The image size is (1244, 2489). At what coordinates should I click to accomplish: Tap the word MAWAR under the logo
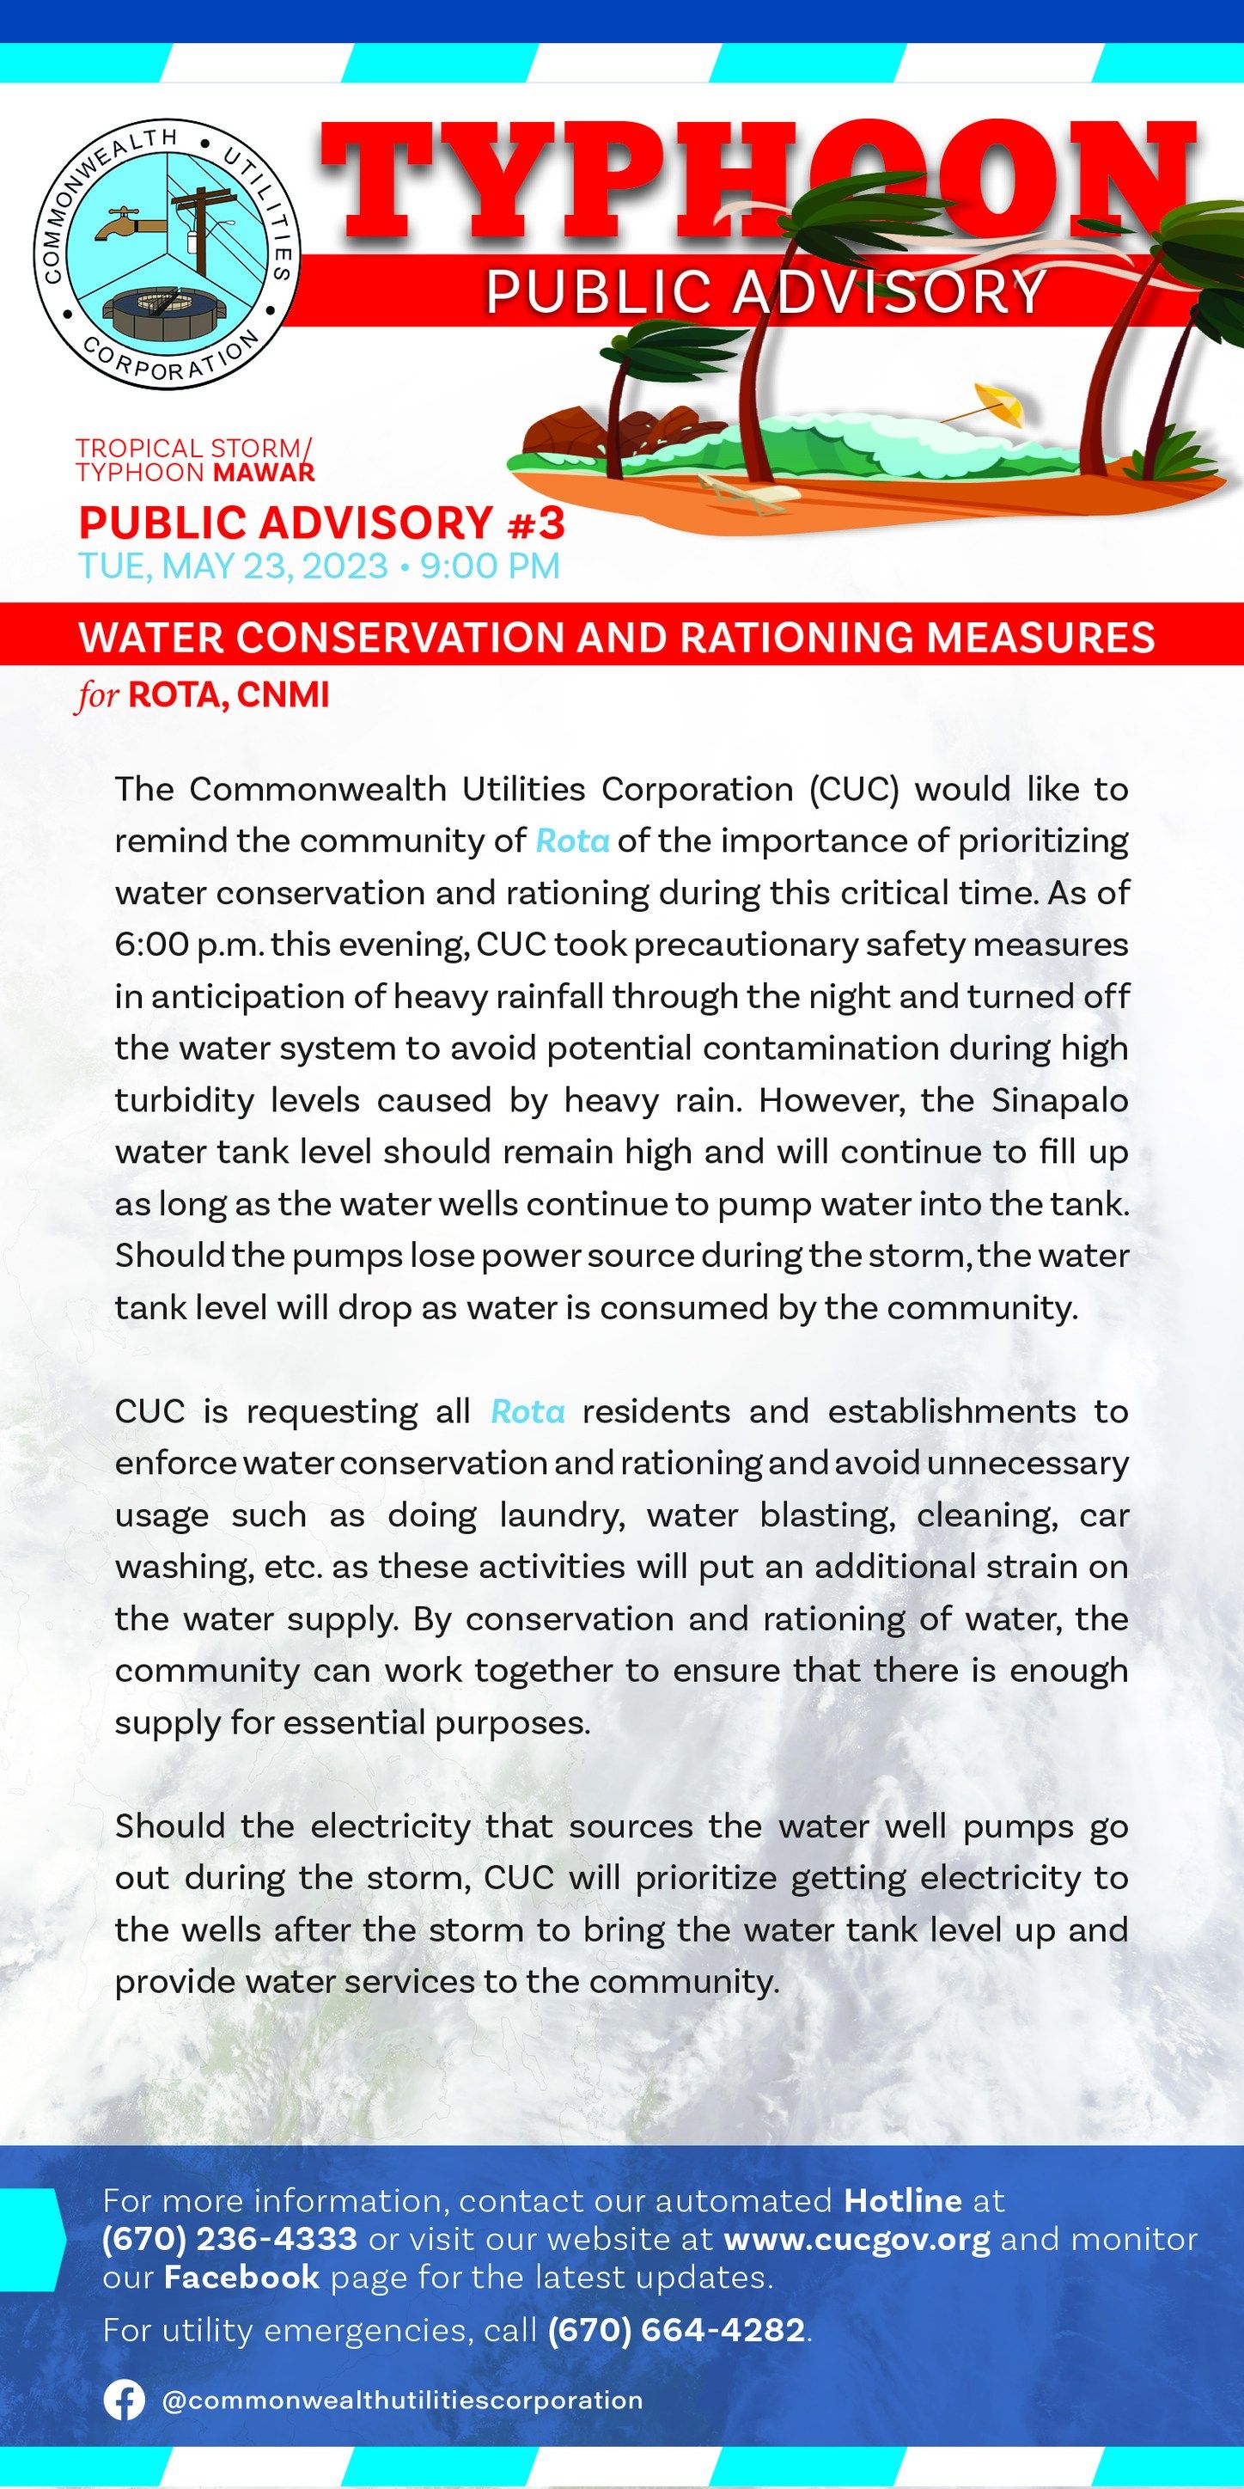tap(275, 473)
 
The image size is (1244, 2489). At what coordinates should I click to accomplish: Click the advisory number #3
tap(534, 523)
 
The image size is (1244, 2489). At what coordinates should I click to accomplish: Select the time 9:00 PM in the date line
tap(490, 566)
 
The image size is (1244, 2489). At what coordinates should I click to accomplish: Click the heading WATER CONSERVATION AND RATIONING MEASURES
tap(616, 638)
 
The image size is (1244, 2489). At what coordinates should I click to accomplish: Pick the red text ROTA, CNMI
tap(228, 694)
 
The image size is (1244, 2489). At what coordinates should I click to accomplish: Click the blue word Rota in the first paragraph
tap(572, 841)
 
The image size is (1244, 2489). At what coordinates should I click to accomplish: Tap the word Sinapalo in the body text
tap(1059, 1100)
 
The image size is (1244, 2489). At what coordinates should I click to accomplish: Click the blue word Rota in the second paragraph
tap(527, 1411)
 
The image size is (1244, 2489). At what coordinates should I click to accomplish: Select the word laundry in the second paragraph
tap(562, 1515)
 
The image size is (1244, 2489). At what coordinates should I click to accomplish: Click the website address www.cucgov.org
tap(857, 2237)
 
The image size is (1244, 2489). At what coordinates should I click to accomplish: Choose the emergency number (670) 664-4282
tap(676, 2330)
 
